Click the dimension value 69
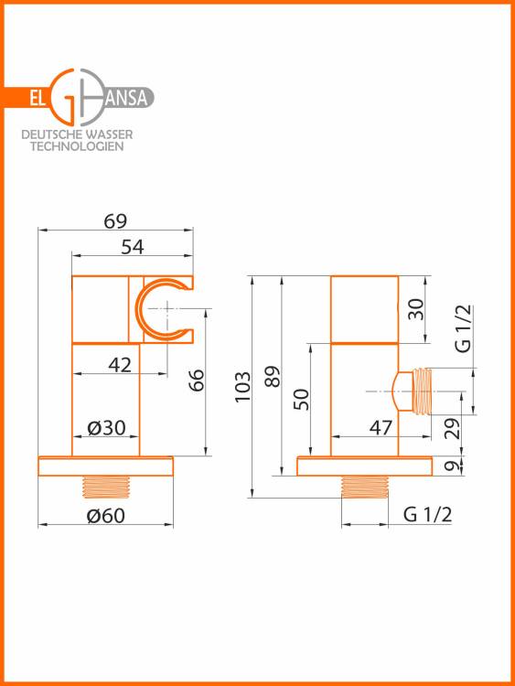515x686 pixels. point(115,221)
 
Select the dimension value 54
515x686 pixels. point(132,247)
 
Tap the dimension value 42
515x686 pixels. point(120,364)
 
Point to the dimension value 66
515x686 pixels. point(197,380)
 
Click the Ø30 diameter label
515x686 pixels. point(106,427)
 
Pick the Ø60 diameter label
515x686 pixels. point(106,515)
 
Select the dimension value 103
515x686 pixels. point(242,387)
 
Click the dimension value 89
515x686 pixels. point(273,376)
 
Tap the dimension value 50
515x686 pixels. point(302,399)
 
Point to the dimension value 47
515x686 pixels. point(381,427)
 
